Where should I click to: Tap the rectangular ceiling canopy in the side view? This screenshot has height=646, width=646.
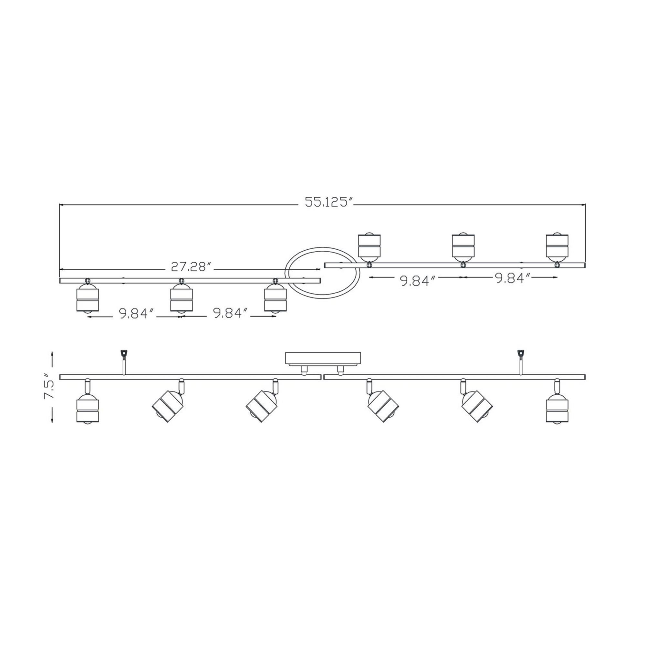323,358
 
